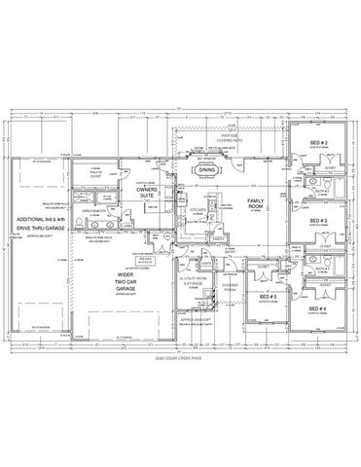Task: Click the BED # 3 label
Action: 317,221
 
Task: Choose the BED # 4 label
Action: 318,308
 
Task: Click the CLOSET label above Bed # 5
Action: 264,265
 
